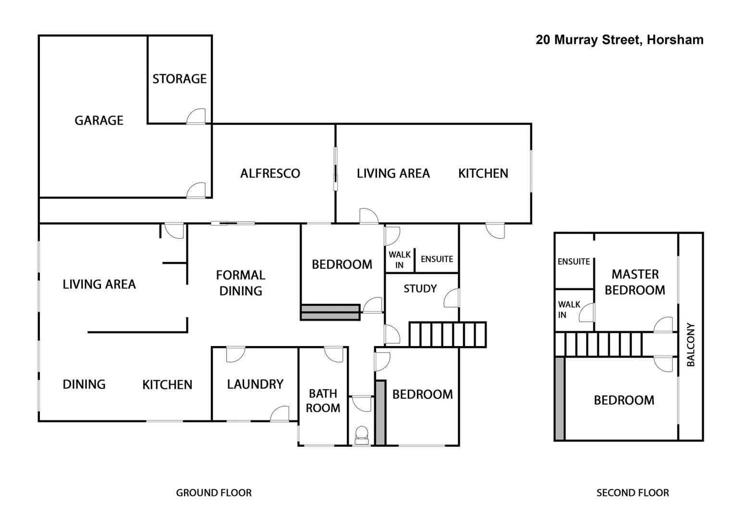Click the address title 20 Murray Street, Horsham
(x=619, y=40)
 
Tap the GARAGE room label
(x=99, y=120)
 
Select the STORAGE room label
(x=179, y=79)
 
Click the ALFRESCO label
(x=270, y=173)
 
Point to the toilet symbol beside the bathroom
(x=361, y=434)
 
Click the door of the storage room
(x=196, y=117)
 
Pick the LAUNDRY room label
(x=255, y=384)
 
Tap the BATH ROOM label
(x=323, y=401)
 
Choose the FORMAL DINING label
(x=241, y=283)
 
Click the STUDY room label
(x=420, y=289)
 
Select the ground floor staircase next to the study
(x=448, y=334)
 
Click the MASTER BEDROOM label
(x=635, y=282)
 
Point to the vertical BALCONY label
(x=691, y=345)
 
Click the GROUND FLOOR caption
(x=214, y=493)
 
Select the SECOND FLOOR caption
(x=633, y=493)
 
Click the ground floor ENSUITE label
(x=437, y=259)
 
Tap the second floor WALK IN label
(x=569, y=309)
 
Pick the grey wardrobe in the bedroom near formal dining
(x=330, y=312)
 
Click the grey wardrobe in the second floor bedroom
(x=560, y=398)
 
